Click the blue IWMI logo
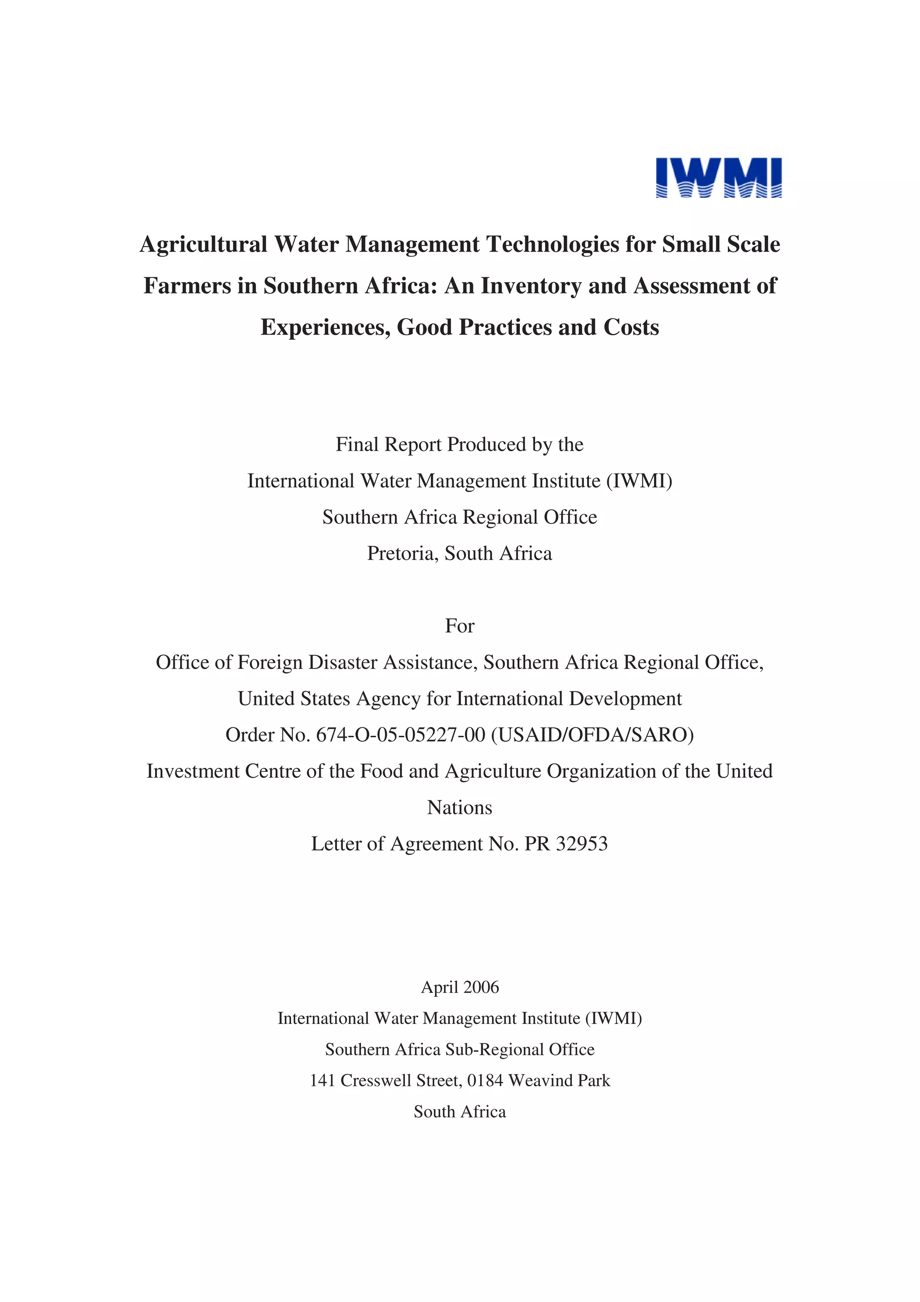click(x=718, y=177)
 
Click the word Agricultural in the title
click(x=203, y=244)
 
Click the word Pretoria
click(x=402, y=553)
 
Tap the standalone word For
click(x=460, y=625)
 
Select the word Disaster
click(x=342, y=662)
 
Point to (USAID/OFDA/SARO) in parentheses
click(x=593, y=735)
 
